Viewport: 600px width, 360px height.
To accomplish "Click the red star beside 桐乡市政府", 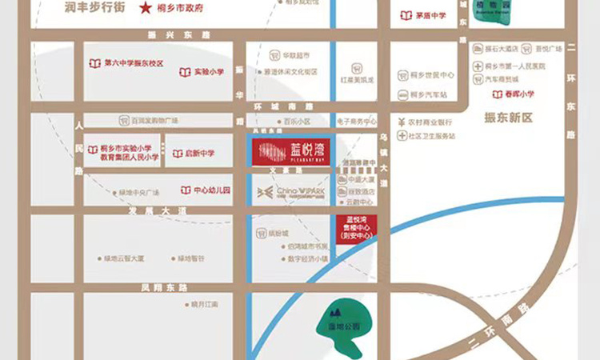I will click(146, 9).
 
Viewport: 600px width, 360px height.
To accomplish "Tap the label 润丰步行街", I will click(97, 8).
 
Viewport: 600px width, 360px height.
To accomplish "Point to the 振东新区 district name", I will click(508, 118).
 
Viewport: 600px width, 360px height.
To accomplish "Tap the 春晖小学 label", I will click(518, 94).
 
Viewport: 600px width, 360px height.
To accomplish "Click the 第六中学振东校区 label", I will click(134, 63).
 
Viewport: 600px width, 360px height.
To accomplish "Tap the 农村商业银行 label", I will click(430, 122).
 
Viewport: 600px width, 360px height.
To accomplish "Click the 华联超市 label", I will click(294, 56).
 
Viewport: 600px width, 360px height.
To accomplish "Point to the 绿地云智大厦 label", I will click(124, 258).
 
